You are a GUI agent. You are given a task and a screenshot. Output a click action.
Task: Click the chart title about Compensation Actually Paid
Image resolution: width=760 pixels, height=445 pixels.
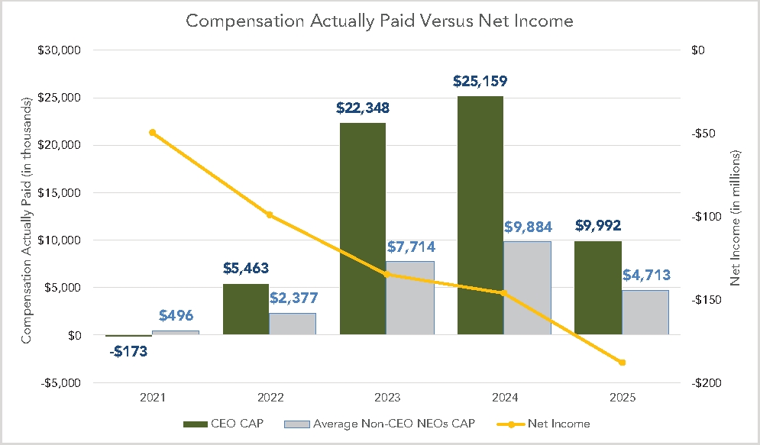coord(380,21)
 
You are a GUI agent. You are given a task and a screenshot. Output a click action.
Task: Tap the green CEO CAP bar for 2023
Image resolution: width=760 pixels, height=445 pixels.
coord(363,228)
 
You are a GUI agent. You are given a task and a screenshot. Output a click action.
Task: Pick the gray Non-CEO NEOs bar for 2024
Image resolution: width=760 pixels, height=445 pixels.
coord(527,288)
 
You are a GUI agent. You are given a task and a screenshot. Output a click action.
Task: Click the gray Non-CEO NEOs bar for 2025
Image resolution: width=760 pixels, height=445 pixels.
coord(645,311)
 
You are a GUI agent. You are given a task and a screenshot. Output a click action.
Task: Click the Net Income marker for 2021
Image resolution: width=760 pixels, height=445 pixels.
coord(153,133)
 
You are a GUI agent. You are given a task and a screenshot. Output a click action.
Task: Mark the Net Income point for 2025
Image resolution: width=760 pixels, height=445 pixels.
coord(622,363)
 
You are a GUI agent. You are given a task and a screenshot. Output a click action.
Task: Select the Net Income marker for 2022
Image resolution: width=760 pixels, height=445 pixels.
coord(270,215)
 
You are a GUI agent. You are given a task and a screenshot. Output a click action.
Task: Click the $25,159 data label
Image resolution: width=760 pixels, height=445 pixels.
coord(480,81)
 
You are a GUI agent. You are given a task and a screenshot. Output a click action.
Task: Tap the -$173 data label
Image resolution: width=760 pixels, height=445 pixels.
coord(128,352)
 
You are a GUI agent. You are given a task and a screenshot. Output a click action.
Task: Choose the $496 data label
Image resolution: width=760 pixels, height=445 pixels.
coord(176,316)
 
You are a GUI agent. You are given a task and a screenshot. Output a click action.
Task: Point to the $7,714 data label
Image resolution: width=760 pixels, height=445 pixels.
coord(410,247)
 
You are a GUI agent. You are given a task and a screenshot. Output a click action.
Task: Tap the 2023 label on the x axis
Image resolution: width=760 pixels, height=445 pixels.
coord(387,398)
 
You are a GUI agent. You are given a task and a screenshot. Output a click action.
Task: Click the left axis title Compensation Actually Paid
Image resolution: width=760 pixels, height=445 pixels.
coord(27,220)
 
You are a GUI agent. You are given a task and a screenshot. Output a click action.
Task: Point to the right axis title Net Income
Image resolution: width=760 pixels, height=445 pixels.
coord(736,218)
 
